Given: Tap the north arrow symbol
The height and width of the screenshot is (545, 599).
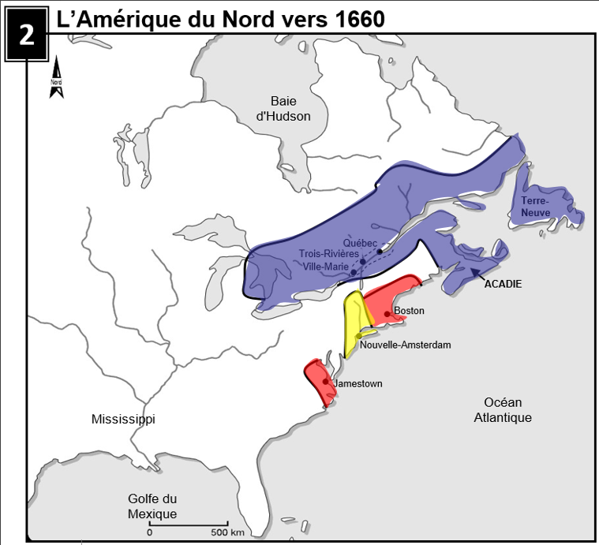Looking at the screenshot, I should tap(56, 78).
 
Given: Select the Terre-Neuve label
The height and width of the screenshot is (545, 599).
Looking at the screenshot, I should tap(536, 207).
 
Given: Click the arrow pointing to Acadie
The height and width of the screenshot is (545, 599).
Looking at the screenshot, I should tap(476, 274).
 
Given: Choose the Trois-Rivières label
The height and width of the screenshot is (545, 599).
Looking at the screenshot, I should tap(328, 254).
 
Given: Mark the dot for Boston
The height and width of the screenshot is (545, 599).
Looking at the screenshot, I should tap(387, 313).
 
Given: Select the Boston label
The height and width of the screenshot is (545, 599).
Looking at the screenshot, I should tap(409, 311).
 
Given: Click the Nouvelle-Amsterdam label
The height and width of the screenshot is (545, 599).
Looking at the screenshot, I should tap(404, 345).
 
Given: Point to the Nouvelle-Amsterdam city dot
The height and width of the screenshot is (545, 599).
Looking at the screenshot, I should tap(358, 336).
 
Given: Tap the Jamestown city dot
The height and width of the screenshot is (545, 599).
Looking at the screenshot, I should tap(325, 382).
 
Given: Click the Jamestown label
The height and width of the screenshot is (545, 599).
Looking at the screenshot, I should tap(358, 383).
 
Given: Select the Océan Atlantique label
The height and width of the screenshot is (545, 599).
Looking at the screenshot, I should tap(503, 409).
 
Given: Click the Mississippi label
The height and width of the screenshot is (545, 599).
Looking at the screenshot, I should tap(123, 419).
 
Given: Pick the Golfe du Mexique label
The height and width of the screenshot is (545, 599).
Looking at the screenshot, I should tap(152, 506).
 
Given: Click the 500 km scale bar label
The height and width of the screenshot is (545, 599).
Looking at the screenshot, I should tap(226, 532).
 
